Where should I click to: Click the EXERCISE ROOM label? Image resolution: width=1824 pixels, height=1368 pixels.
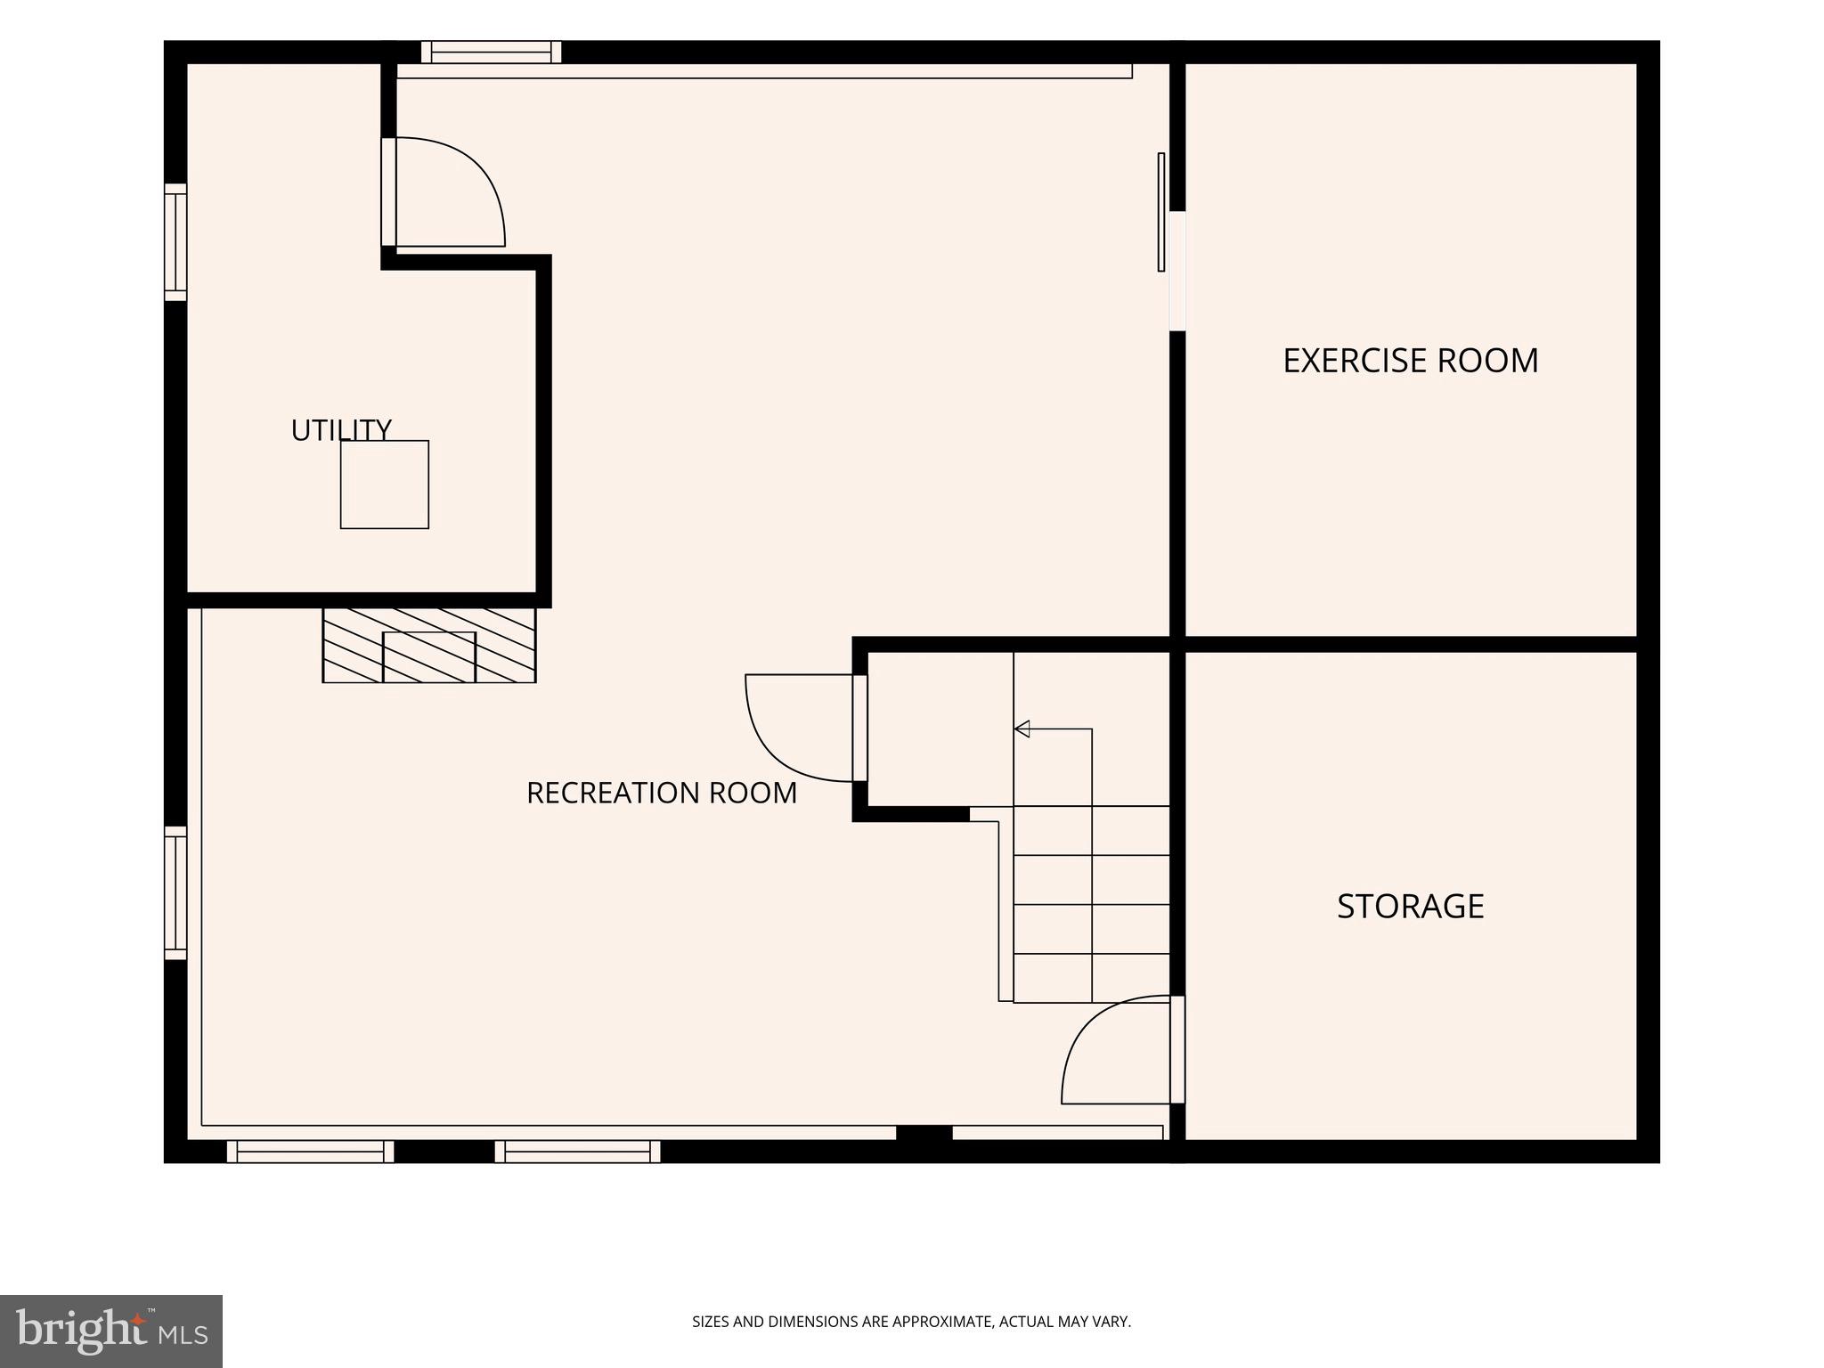(x=1411, y=361)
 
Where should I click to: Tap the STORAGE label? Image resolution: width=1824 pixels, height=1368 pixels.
(x=1411, y=907)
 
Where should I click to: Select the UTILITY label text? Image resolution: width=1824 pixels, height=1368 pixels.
(x=341, y=430)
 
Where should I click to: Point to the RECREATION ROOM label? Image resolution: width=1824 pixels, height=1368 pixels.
(x=662, y=793)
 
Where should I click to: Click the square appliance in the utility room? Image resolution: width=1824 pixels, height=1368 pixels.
(x=385, y=484)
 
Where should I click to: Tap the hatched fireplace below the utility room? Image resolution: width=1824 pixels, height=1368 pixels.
(x=429, y=646)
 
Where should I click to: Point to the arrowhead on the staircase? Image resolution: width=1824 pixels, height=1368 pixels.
(x=1022, y=729)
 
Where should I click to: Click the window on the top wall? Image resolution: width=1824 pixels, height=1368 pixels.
(x=492, y=53)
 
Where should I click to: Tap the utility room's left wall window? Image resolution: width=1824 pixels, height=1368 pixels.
(x=175, y=242)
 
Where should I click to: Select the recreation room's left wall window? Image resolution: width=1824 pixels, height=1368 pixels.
(x=175, y=893)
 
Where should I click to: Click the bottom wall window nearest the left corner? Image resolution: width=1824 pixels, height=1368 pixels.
(x=310, y=1152)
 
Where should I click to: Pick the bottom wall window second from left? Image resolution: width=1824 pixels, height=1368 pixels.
(x=578, y=1152)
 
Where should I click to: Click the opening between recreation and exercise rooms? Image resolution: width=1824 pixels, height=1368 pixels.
(x=1177, y=271)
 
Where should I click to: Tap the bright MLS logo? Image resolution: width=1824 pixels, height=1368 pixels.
(x=111, y=1331)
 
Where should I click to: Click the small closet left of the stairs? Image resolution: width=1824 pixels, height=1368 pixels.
(x=940, y=729)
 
